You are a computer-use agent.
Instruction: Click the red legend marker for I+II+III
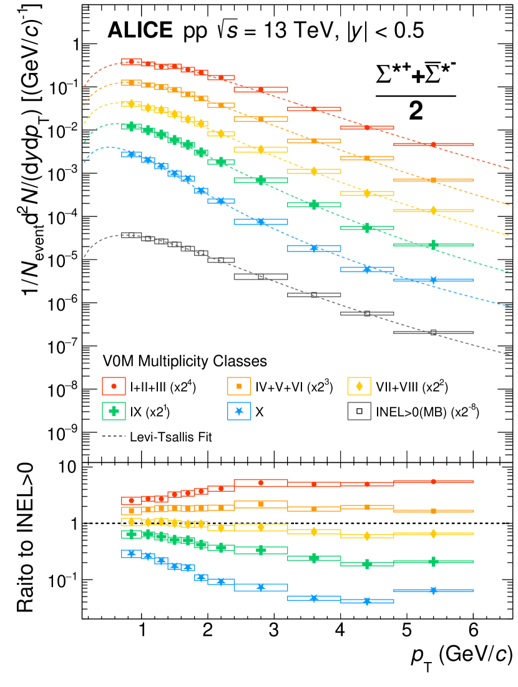click(114, 387)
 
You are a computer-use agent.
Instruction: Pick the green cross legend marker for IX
click(114, 411)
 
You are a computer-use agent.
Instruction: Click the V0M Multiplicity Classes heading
click(185, 361)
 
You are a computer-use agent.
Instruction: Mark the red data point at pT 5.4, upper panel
click(433, 145)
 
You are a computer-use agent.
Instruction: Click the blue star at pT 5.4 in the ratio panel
click(433, 590)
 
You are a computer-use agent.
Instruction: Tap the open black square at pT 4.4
click(367, 313)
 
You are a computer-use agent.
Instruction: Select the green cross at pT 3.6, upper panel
click(314, 204)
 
